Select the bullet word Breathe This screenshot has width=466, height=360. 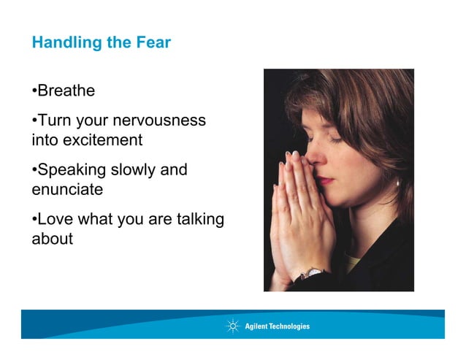click(x=66, y=91)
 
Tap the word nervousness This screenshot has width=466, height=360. click(x=161, y=120)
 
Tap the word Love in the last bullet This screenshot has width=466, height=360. click(x=55, y=219)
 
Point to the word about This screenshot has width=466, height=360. click(x=53, y=239)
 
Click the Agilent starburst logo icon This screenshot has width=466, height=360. click(x=233, y=326)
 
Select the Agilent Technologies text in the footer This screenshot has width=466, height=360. click(x=277, y=326)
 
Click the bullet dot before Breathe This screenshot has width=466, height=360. click(x=34, y=92)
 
